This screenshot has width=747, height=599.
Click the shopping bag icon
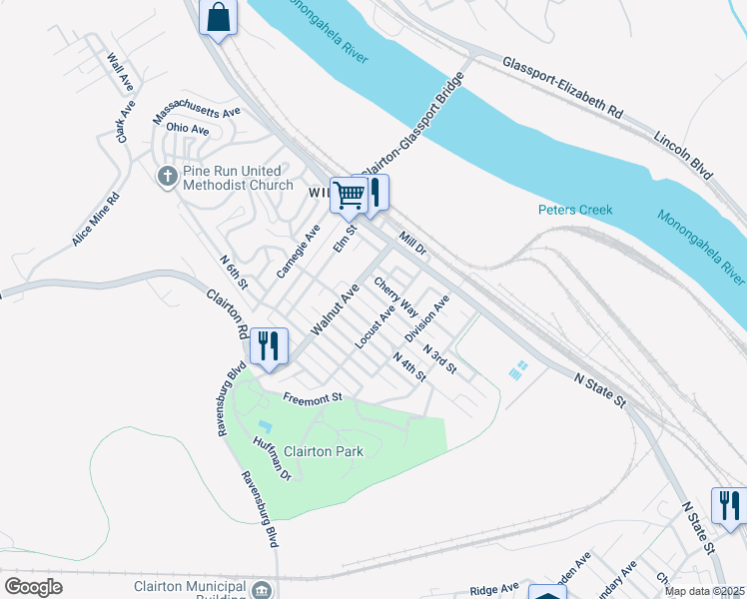(219, 18)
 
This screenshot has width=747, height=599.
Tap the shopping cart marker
(350, 195)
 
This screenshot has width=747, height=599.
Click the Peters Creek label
(574, 210)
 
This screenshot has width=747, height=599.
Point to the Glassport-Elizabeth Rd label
(563, 88)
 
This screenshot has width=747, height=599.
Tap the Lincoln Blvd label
(684, 154)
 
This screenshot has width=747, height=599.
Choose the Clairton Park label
(324, 451)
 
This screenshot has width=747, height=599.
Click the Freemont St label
(313, 397)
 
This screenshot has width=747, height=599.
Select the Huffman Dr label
(271, 459)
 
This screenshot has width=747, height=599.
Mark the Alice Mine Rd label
(95, 221)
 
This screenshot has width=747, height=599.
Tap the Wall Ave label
(120, 69)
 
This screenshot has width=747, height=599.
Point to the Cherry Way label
(395, 298)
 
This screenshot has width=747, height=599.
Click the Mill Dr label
(412, 242)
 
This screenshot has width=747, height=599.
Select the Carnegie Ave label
(298, 252)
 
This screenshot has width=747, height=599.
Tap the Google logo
(33, 586)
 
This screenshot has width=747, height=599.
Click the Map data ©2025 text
(705, 591)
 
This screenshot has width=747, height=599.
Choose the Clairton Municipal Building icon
(262, 589)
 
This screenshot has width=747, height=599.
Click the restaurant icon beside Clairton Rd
(269, 345)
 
